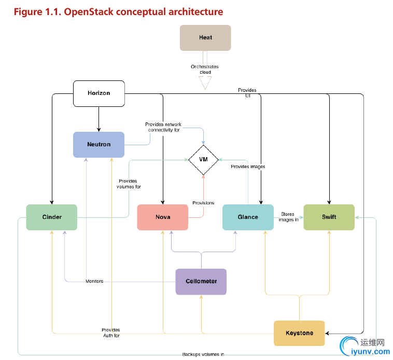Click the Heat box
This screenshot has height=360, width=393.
[x=205, y=38]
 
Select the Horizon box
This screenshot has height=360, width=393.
[x=99, y=93]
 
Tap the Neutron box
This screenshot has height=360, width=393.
[x=99, y=144]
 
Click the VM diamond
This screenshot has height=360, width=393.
[x=203, y=159]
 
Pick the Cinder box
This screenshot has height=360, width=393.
[x=52, y=217]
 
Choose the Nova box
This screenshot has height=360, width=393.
[x=163, y=217]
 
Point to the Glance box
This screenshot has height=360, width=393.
[x=248, y=217]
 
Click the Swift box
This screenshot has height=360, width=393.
[x=329, y=217]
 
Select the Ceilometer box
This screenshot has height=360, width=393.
[x=201, y=281]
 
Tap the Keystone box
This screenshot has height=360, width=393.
[x=299, y=333]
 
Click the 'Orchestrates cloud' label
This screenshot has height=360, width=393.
[x=205, y=70]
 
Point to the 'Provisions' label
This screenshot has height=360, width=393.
[x=203, y=203]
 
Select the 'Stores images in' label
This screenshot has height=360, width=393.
[x=288, y=216]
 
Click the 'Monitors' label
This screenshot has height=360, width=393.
[x=94, y=281]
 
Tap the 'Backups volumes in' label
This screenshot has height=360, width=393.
[x=203, y=354]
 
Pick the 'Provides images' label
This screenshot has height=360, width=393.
[x=248, y=167]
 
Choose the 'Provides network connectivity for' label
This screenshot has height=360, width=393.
[x=163, y=127]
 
